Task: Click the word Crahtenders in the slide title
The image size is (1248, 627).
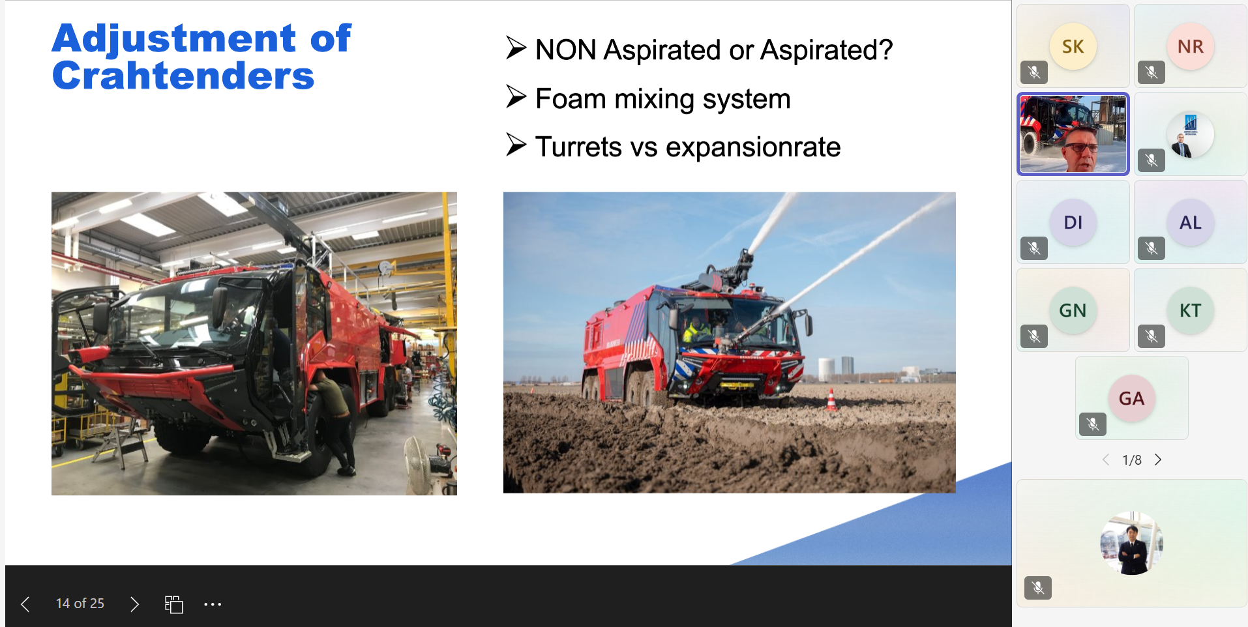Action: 183,76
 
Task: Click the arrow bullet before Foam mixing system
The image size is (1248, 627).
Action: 516,97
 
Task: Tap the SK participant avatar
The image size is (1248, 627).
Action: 1073,46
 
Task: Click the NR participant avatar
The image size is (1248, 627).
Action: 1191,46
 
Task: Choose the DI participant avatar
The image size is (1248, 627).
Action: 1073,222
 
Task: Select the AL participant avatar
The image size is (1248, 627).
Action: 1191,222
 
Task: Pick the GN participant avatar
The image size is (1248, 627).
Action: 1073,310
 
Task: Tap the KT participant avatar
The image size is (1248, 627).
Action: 1191,310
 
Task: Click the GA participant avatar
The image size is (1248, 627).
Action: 1132,398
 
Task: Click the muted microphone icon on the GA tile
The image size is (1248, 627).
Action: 1093,424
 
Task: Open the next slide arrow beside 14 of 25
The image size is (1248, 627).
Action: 134,604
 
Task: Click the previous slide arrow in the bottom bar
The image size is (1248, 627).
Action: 25,604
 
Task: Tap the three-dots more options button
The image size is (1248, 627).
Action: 213,604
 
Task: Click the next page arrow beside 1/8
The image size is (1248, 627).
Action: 1158,459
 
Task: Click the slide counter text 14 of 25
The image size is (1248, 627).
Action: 80,604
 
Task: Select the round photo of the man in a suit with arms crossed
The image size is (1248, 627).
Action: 1132,543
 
